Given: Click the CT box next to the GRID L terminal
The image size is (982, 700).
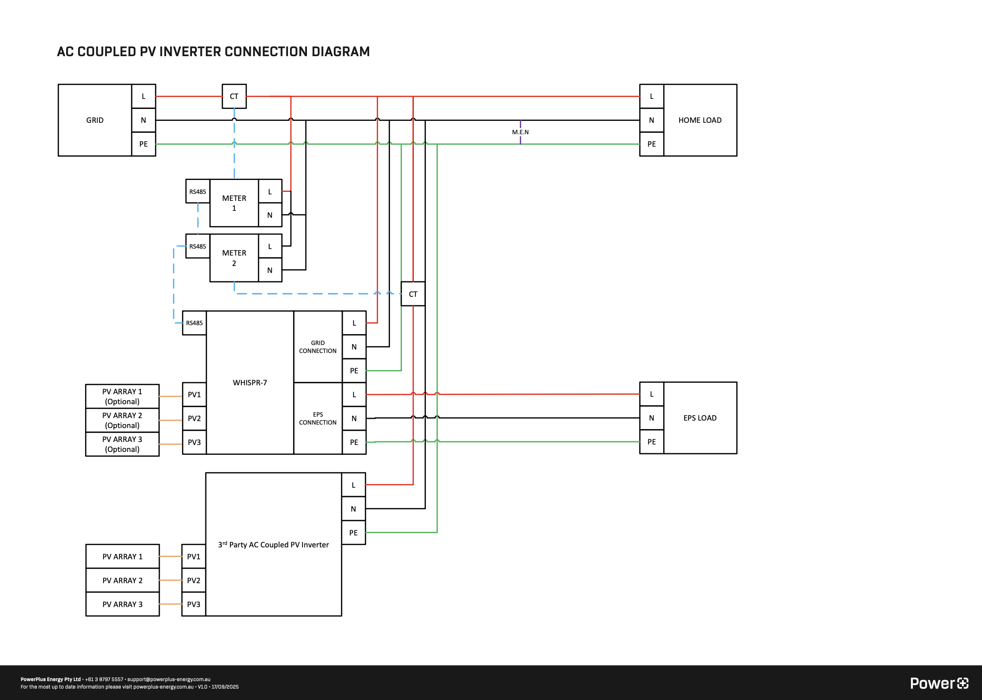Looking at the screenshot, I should click(x=234, y=96).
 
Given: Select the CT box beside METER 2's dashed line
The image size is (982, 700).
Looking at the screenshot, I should click(x=413, y=294).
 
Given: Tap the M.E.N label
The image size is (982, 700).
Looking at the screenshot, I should click(x=520, y=132).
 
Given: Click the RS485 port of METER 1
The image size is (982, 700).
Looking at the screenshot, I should click(x=197, y=191).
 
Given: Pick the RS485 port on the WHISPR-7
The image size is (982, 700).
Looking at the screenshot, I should click(x=194, y=323).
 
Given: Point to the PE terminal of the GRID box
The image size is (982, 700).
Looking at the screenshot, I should click(x=143, y=144).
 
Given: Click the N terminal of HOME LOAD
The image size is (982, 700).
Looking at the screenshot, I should click(x=651, y=120).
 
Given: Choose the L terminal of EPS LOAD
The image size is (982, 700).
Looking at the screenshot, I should click(x=651, y=394).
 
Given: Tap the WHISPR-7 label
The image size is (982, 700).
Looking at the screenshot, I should click(x=250, y=383).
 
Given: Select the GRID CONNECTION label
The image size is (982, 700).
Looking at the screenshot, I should click(x=317, y=347).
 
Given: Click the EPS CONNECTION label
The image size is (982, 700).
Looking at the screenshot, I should click(x=317, y=419).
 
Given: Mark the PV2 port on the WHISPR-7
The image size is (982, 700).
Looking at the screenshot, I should click(x=194, y=419).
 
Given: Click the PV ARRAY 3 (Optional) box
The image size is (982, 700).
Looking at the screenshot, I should click(x=122, y=444).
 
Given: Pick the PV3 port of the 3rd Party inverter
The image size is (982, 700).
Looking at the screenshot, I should click(x=194, y=605).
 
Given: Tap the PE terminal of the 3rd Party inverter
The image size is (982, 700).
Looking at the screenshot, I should click(x=353, y=533).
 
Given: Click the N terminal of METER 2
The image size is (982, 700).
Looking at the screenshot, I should click(x=270, y=270).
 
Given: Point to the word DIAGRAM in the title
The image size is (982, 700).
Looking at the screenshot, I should click(x=340, y=52).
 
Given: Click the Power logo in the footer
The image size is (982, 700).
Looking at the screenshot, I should click(x=939, y=684).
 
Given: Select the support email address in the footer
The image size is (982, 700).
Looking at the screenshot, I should click(x=169, y=679).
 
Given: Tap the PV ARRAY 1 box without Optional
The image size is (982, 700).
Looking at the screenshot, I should click(x=122, y=557).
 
